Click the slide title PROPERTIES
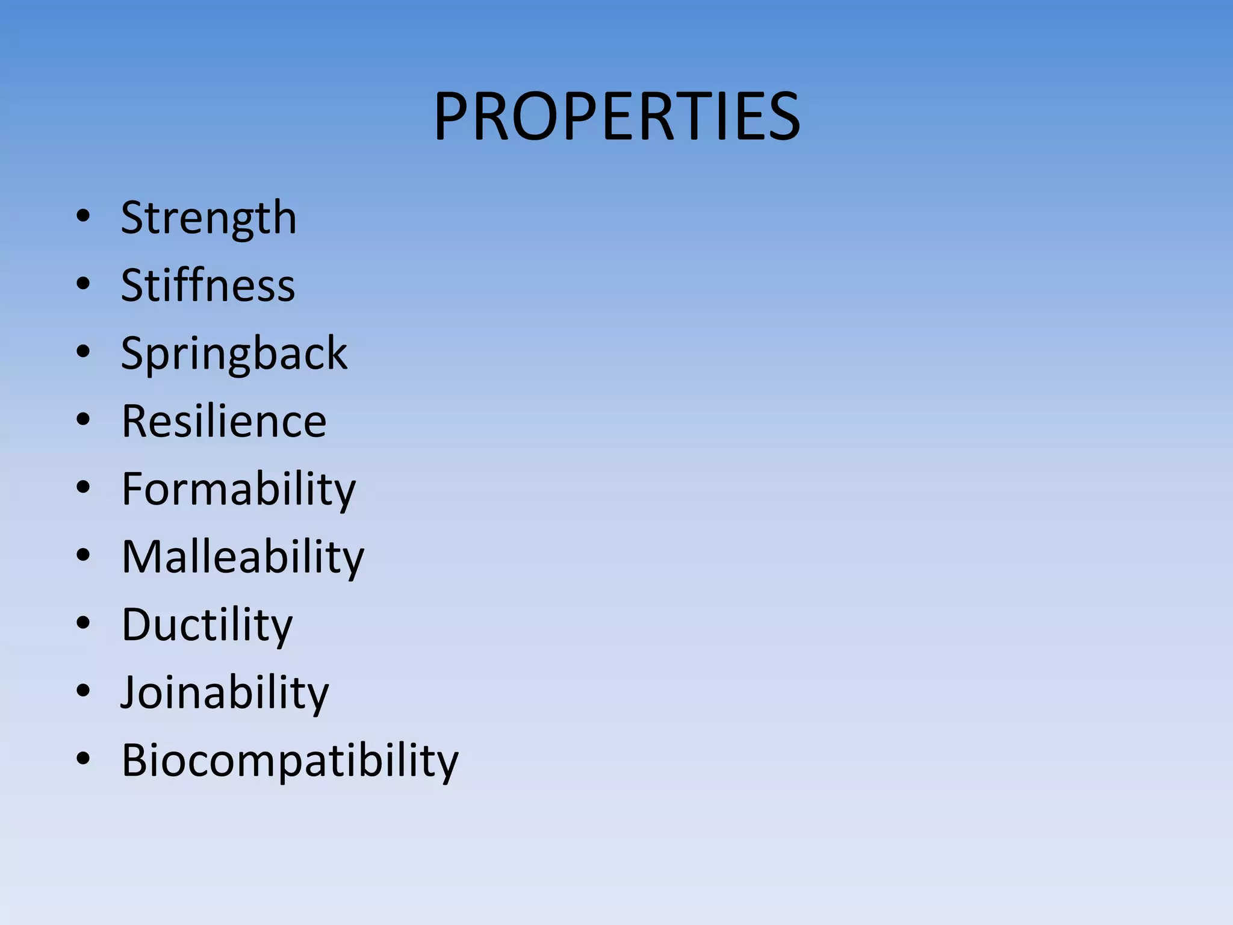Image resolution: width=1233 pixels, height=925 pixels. click(x=616, y=116)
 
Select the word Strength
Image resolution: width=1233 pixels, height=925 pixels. click(x=208, y=218)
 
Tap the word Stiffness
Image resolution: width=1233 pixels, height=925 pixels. click(x=208, y=285)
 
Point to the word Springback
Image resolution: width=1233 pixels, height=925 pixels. click(x=234, y=353)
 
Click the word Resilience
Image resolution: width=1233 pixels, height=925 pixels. click(x=223, y=421)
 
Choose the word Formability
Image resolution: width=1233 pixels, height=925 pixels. click(x=238, y=489)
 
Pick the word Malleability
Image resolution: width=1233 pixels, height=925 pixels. click(x=243, y=557)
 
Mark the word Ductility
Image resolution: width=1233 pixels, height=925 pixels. click(x=207, y=625)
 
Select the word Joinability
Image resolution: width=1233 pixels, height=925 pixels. click(x=225, y=693)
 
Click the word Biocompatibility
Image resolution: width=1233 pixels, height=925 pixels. click(x=290, y=761)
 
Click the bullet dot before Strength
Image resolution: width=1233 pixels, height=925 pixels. click(x=83, y=216)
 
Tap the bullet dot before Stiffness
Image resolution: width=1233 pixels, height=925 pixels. click(x=83, y=283)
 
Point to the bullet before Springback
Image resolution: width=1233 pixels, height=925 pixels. click(x=83, y=351)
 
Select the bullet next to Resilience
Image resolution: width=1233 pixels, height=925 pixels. click(x=83, y=419)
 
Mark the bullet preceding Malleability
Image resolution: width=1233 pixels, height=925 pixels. click(x=83, y=555)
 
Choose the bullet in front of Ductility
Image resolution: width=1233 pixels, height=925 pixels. click(x=83, y=623)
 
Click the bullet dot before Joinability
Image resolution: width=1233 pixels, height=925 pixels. click(x=83, y=690)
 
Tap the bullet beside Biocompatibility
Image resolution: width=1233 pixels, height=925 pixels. click(x=83, y=758)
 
